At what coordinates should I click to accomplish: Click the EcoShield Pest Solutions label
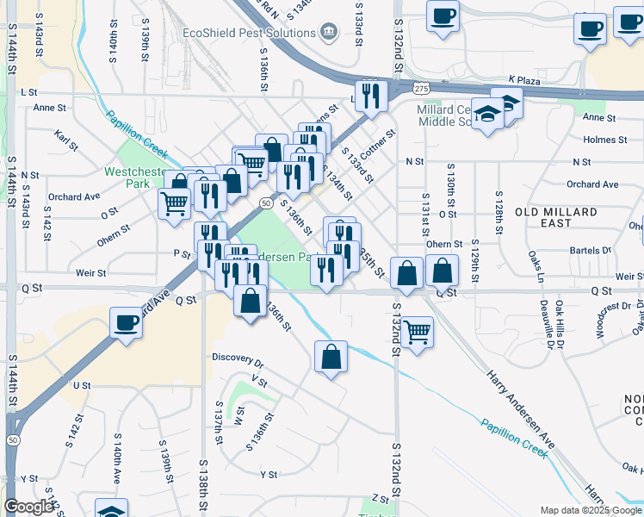[249, 33]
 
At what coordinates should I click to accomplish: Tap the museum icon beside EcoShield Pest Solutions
[328, 33]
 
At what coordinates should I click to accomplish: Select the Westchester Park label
[134, 178]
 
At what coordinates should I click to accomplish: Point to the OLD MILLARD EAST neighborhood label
[556, 217]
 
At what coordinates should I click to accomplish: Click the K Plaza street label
[523, 78]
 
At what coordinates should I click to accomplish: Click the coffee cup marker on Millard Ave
[127, 324]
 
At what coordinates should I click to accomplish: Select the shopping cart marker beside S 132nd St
[418, 330]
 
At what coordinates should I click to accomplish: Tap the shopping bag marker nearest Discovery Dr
[331, 356]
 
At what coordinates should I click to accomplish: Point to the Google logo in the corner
[28, 507]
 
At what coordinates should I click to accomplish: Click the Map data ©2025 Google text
[590, 510]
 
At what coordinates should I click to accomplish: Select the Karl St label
[65, 135]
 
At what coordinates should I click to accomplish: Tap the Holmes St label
[605, 140]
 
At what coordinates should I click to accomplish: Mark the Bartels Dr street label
[592, 251]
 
